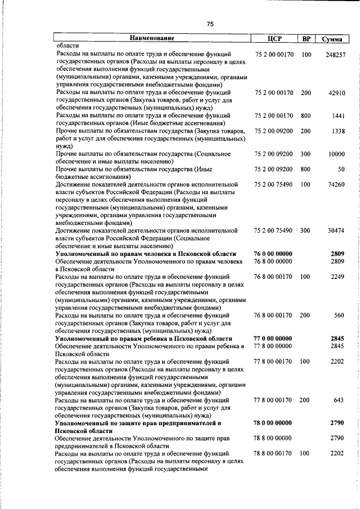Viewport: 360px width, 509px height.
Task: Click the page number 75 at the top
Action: pyautogui.click(x=210, y=24)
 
